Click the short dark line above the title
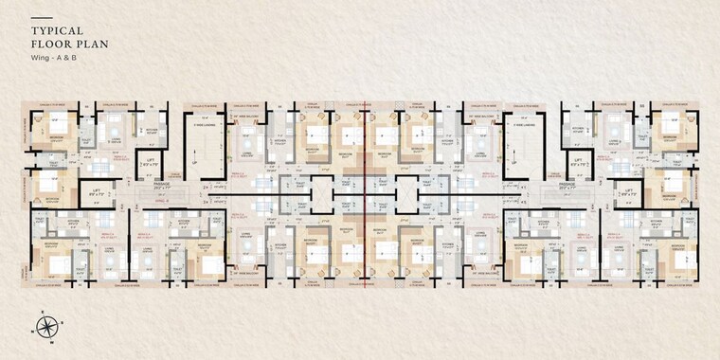42,17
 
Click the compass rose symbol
45,328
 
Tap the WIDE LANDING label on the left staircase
207,122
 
